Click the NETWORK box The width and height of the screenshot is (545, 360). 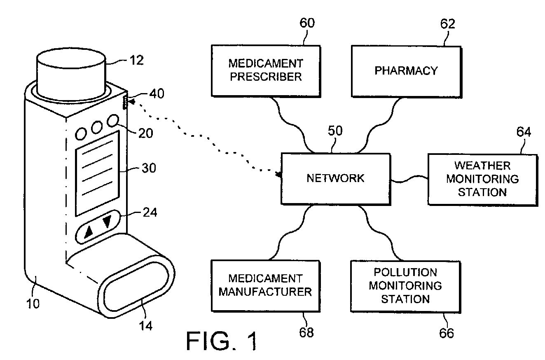[x=335, y=178]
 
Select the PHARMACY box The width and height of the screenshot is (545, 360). [x=406, y=71]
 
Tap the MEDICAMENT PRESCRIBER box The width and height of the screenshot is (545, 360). [x=266, y=70]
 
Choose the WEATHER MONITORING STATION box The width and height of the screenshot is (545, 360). [x=482, y=179]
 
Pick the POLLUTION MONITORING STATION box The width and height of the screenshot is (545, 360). [x=405, y=285]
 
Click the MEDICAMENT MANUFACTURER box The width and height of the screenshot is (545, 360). [x=265, y=286]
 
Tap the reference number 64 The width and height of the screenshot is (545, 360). [x=523, y=133]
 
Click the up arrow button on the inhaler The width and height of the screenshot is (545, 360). [x=88, y=233]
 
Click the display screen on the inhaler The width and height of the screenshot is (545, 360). [x=97, y=173]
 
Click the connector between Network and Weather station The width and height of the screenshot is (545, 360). [x=409, y=180]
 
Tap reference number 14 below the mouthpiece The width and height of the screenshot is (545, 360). [x=146, y=325]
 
